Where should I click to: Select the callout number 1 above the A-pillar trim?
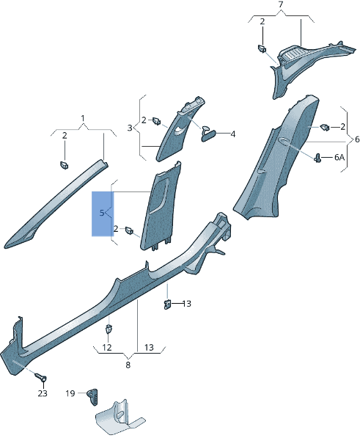pyautogui.click(x=83, y=118)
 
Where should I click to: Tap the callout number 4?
pyautogui.click(x=232, y=134)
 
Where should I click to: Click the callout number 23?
pyautogui.click(x=43, y=393)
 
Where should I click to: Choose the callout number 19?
pyautogui.click(x=70, y=393)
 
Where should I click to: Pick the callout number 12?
pyautogui.click(x=107, y=347)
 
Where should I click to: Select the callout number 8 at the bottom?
pyautogui.click(x=128, y=364)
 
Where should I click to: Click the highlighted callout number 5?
pyautogui.click(x=102, y=213)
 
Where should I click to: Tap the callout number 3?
pyautogui.click(x=129, y=128)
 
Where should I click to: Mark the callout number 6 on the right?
pyautogui.click(x=356, y=139)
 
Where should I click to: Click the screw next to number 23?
pyautogui.click(x=40, y=378)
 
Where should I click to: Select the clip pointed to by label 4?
pyautogui.click(x=208, y=132)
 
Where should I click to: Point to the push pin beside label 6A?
pyautogui.click(x=319, y=156)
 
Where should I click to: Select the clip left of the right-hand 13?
pyautogui.click(x=166, y=304)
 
